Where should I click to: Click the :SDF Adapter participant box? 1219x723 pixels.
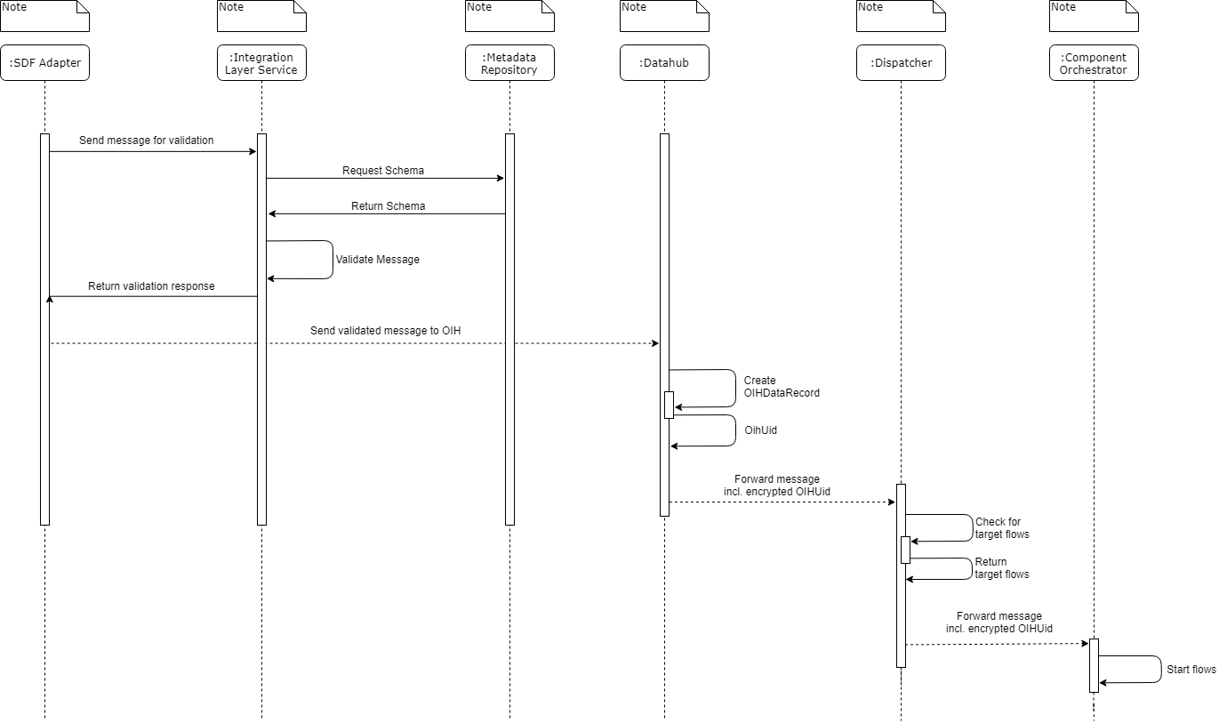[44, 63]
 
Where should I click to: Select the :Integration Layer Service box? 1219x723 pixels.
[261, 63]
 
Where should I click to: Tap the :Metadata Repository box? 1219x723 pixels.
[509, 63]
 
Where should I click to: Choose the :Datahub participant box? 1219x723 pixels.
[664, 63]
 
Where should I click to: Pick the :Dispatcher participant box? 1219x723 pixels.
[901, 63]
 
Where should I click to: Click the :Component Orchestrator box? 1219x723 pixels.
[1094, 63]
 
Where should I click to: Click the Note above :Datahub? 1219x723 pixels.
[664, 15]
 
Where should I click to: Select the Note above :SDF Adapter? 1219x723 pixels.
[44, 15]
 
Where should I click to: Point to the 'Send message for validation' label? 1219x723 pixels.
[147, 141]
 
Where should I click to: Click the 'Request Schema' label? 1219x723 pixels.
[383, 170]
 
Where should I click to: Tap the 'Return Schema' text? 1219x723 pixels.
[388, 206]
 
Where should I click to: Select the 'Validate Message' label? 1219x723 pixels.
[377, 260]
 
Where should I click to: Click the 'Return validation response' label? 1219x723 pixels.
[151, 286]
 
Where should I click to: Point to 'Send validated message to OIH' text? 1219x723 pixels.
[385, 331]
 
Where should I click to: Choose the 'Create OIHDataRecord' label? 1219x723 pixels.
[781, 387]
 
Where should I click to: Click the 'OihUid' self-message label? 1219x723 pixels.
[760, 430]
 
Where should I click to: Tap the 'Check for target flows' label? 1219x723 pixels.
[1002, 528]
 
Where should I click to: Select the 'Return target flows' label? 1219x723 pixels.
[1002, 568]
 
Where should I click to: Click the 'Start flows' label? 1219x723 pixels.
[1191, 670]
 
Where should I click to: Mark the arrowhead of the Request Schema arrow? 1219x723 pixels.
[501, 179]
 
